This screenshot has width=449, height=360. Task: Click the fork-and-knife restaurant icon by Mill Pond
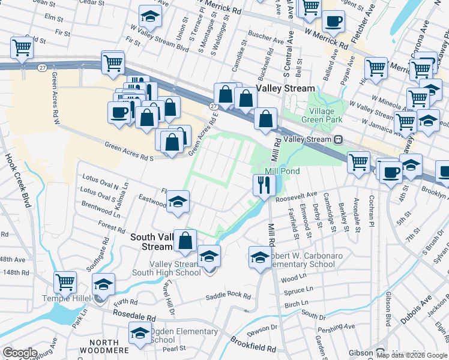click(x=262, y=184)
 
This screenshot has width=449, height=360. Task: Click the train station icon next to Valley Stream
click(x=338, y=139)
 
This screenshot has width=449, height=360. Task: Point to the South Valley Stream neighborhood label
click(x=152, y=242)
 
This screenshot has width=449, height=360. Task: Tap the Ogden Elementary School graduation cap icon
click(x=140, y=333)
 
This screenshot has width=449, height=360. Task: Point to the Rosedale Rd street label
click(x=131, y=317)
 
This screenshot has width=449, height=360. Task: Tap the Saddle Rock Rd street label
click(x=228, y=296)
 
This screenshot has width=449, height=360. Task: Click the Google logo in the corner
click(x=20, y=353)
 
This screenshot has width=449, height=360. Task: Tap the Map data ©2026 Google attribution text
click(x=412, y=355)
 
